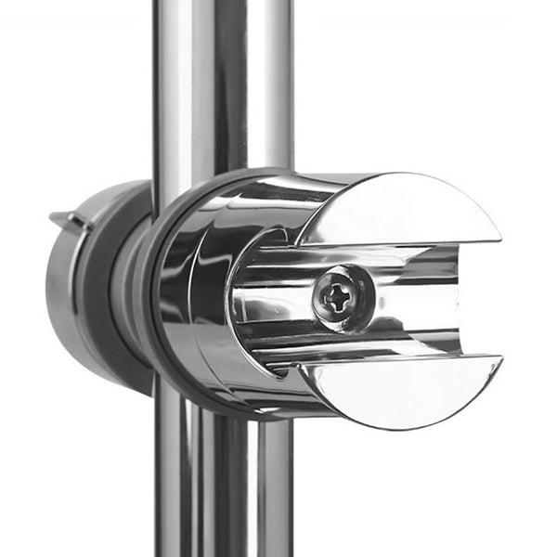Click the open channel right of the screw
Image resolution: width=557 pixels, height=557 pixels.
tap(418, 297)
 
